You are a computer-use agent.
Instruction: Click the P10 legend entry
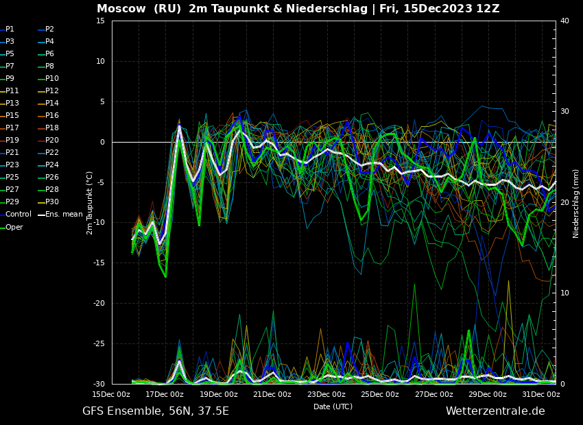coord(52,79)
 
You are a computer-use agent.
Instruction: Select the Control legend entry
coord(19,215)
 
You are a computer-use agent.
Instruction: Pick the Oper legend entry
coord(14,227)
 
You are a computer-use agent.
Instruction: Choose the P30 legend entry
coord(52,202)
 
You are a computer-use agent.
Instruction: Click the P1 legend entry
coord(10,29)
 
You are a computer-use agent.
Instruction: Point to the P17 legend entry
coord(12,128)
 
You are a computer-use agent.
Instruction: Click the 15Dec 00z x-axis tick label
coord(111,394)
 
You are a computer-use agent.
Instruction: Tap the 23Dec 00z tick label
coord(326,394)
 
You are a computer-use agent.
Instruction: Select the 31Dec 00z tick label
coord(541,394)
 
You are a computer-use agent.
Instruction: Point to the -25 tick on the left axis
coord(99,343)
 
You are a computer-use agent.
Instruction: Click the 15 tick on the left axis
coord(100,21)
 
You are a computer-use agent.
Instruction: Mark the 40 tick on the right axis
coord(564,21)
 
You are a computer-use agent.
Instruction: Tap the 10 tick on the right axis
coord(564,293)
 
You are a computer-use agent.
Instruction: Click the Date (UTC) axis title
coord(333,406)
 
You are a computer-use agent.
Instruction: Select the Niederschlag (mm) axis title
coord(576,204)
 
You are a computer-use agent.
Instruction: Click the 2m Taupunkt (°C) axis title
coord(89,203)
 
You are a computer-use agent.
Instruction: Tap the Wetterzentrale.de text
coord(495,411)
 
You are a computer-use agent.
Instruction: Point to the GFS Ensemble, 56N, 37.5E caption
coord(156,411)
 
